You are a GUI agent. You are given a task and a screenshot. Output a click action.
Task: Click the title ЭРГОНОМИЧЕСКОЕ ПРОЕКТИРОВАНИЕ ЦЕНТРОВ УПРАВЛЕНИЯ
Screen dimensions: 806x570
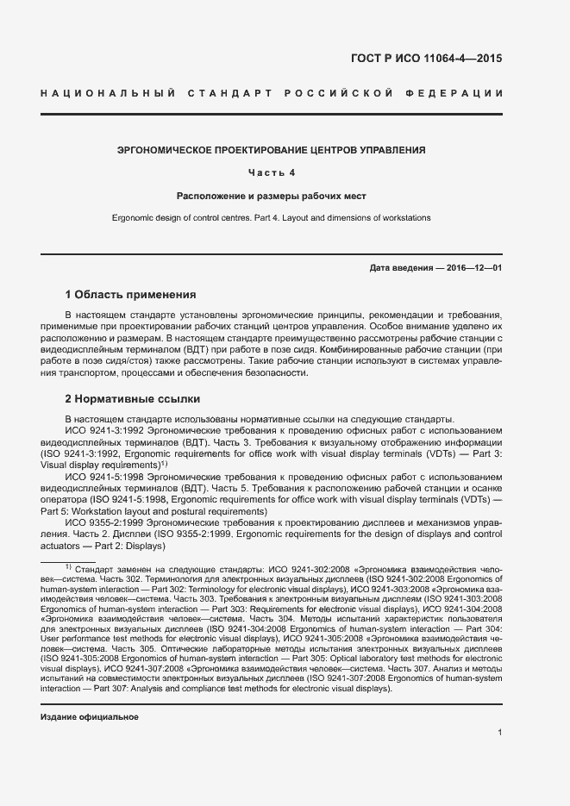click(271, 150)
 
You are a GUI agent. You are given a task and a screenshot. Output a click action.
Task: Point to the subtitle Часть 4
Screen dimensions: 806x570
click(272, 172)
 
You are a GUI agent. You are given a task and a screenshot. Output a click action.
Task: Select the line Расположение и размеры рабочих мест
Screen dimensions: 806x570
click(272, 196)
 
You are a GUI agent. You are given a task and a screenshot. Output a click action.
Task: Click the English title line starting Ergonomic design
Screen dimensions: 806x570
click(271, 218)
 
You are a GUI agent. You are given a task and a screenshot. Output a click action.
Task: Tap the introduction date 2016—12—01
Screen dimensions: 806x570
click(474, 268)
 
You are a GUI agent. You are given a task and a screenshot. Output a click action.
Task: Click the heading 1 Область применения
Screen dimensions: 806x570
click(130, 294)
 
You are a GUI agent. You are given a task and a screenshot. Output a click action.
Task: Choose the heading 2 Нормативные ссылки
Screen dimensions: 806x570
click(133, 399)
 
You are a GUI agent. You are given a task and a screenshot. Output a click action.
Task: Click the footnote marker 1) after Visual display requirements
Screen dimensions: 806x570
click(163, 463)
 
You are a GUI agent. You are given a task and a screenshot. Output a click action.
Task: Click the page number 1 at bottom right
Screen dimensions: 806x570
click(499, 732)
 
